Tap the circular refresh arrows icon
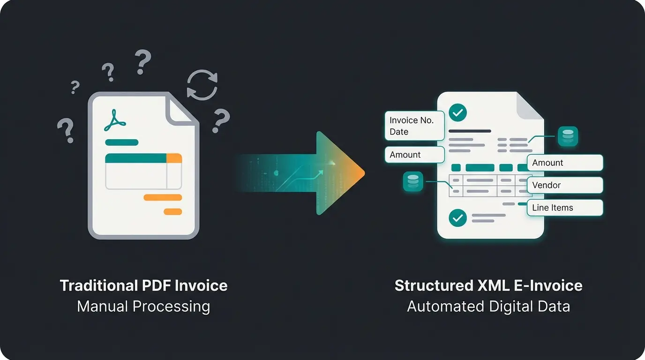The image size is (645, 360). pos(202,85)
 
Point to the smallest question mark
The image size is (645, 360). pos(75,87)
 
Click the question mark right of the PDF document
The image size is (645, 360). pos(221,121)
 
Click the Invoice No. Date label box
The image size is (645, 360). pos(414,126)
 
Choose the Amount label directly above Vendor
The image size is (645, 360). pos(565,163)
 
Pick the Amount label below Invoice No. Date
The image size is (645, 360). pos(414,155)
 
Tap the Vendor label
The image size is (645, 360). pos(565,185)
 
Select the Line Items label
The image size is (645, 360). pos(565,208)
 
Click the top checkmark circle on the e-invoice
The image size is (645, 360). pos(458,112)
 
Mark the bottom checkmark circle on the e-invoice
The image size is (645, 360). pos(458,218)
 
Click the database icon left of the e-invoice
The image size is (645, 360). pos(413,181)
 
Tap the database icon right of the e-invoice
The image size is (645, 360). pos(568,136)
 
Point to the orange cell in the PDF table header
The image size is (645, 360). pos(174,158)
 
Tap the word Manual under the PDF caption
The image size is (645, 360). pos(102,307)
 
